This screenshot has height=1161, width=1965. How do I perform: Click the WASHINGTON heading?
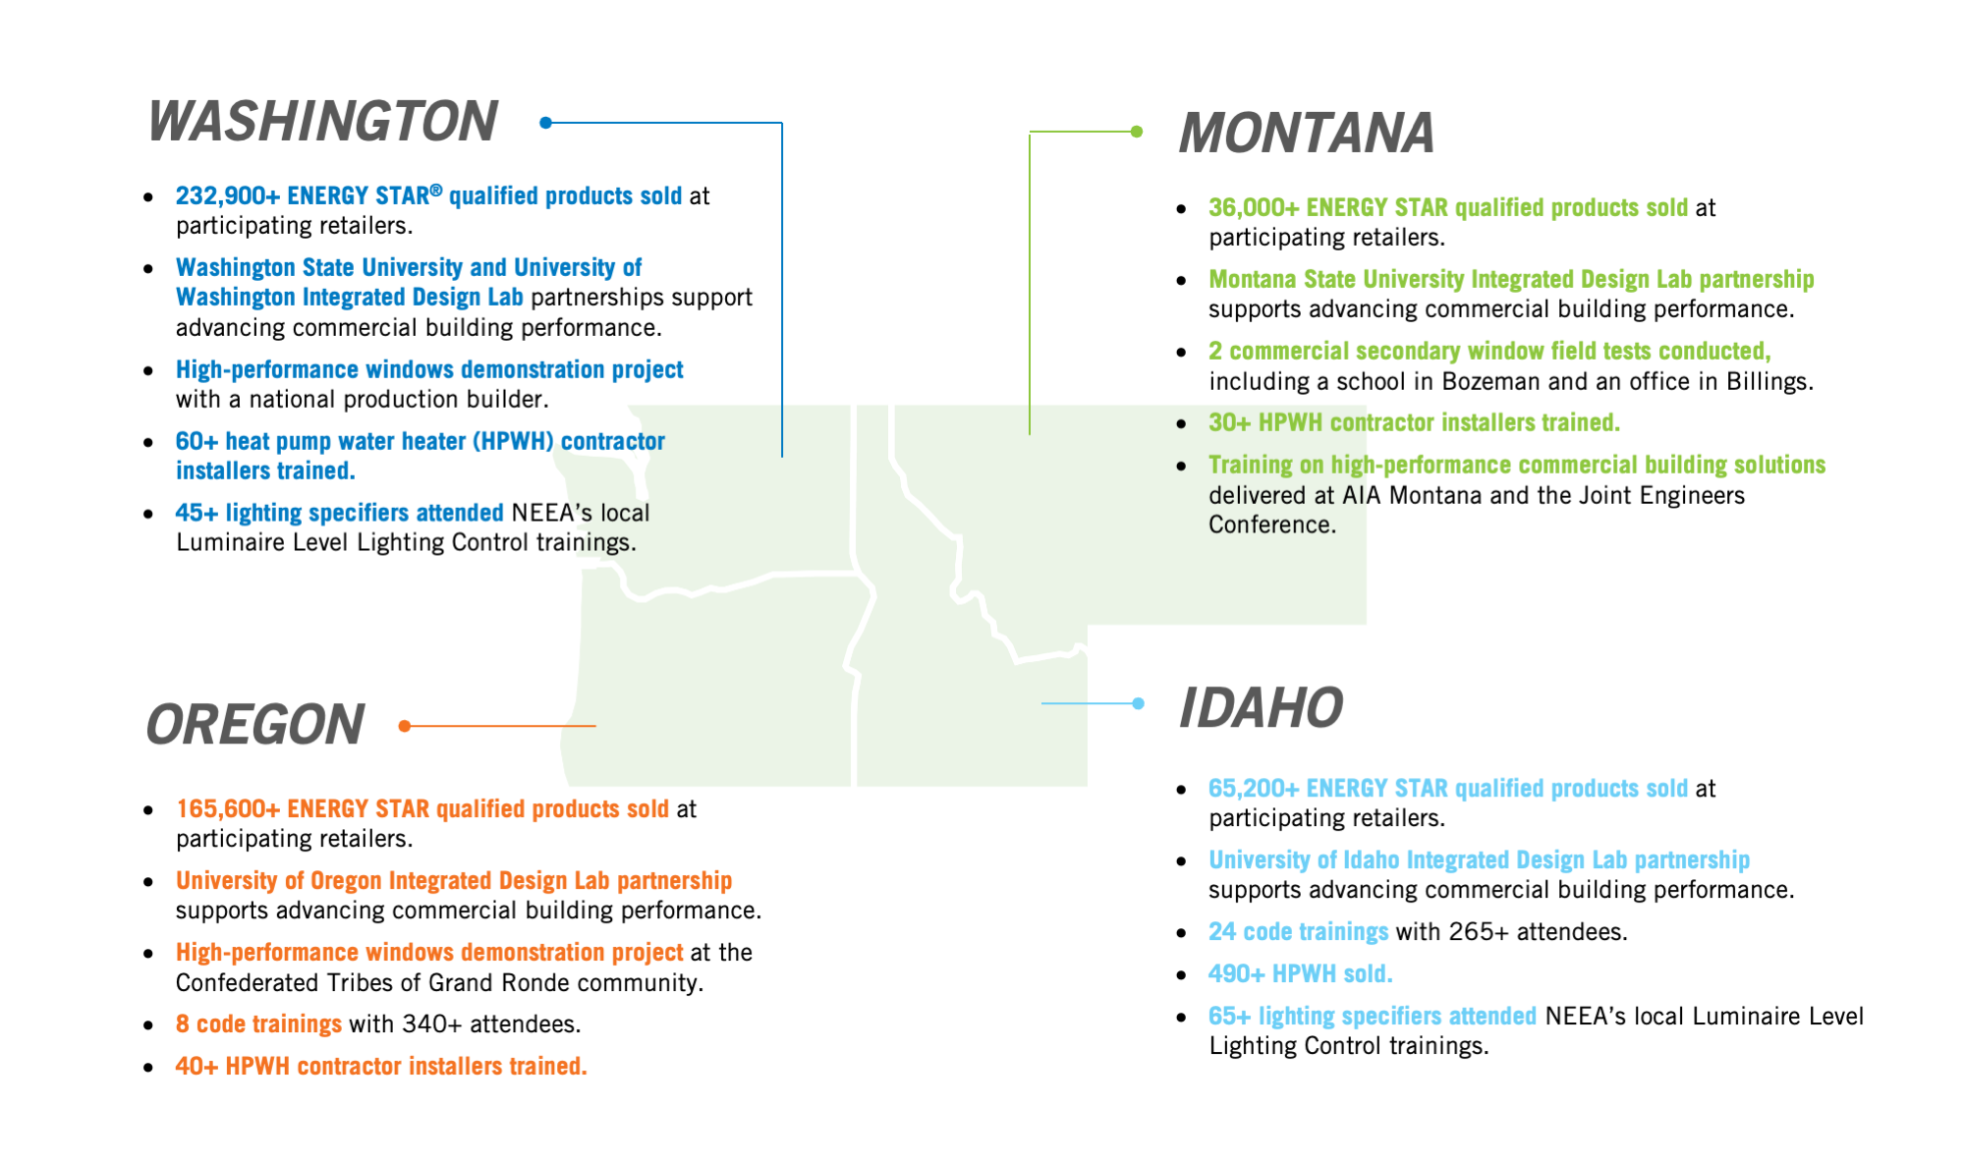pos(322,121)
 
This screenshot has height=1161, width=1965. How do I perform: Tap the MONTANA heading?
pos(1307,133)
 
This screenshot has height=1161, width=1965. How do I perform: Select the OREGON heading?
pos(255,725)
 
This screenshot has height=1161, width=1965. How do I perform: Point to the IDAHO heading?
pos(1261,708)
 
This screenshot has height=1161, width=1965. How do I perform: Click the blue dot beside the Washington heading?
pos(546,123)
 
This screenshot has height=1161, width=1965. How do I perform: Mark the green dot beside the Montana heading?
pos(1137,132)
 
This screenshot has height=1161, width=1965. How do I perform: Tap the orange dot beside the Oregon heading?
pos(405,726)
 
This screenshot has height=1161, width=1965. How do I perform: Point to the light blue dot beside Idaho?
pos(1138,703)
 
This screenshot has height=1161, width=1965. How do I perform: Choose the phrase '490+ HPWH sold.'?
pos(1301,974)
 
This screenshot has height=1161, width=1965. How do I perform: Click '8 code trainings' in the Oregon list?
pos(258,1024)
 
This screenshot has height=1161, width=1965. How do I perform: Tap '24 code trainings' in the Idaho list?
pos(1298,932)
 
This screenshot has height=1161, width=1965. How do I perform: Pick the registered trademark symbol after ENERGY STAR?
pos(436,190)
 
